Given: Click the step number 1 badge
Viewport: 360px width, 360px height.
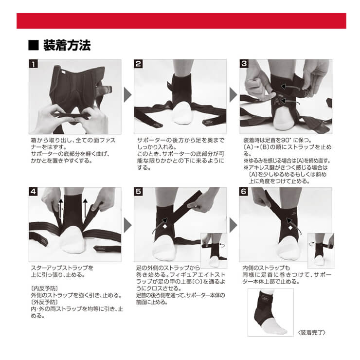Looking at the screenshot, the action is [x=33, y=64].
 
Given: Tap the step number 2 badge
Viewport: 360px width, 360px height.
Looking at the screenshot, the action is [x=138, y=64].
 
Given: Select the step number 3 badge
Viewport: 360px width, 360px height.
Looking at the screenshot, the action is [x=244, y=63].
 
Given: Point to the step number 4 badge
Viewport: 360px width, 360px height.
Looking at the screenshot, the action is [x=33, y=192].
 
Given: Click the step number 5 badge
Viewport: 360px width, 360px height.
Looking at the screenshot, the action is [x=139, y=192].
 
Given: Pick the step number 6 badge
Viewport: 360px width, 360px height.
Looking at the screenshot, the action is [x=244, y=192].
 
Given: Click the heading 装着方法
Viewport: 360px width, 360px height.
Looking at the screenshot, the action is [x=67, y=45].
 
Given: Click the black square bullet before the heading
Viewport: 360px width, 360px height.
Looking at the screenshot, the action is [x=34, y=45].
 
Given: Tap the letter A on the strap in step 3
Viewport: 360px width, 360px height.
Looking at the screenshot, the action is [x=277, y=101].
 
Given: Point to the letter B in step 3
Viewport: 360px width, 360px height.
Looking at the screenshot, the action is [x=306, y=92].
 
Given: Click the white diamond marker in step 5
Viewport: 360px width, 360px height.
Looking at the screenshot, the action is [x=165, y=227].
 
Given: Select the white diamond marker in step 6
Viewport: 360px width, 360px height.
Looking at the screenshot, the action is [x=290, y=228].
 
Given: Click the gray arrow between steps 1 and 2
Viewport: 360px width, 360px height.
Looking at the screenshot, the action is [x=127, y=94].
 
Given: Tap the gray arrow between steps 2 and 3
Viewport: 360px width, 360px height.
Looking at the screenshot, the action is [x=233, y=94].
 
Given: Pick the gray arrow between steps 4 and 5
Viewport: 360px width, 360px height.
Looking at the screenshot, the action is [x=127, y=225].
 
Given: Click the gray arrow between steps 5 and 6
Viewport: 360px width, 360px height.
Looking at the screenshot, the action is [x=233, y=225].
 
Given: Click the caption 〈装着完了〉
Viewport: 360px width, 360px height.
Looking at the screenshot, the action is [x=311, y=332].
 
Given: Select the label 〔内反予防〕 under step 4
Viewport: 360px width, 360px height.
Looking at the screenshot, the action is [x=45, y=288].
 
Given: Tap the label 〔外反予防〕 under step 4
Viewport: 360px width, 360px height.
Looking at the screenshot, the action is [x=45, y=302].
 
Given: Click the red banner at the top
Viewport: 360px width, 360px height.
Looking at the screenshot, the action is [x=181, y=21].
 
